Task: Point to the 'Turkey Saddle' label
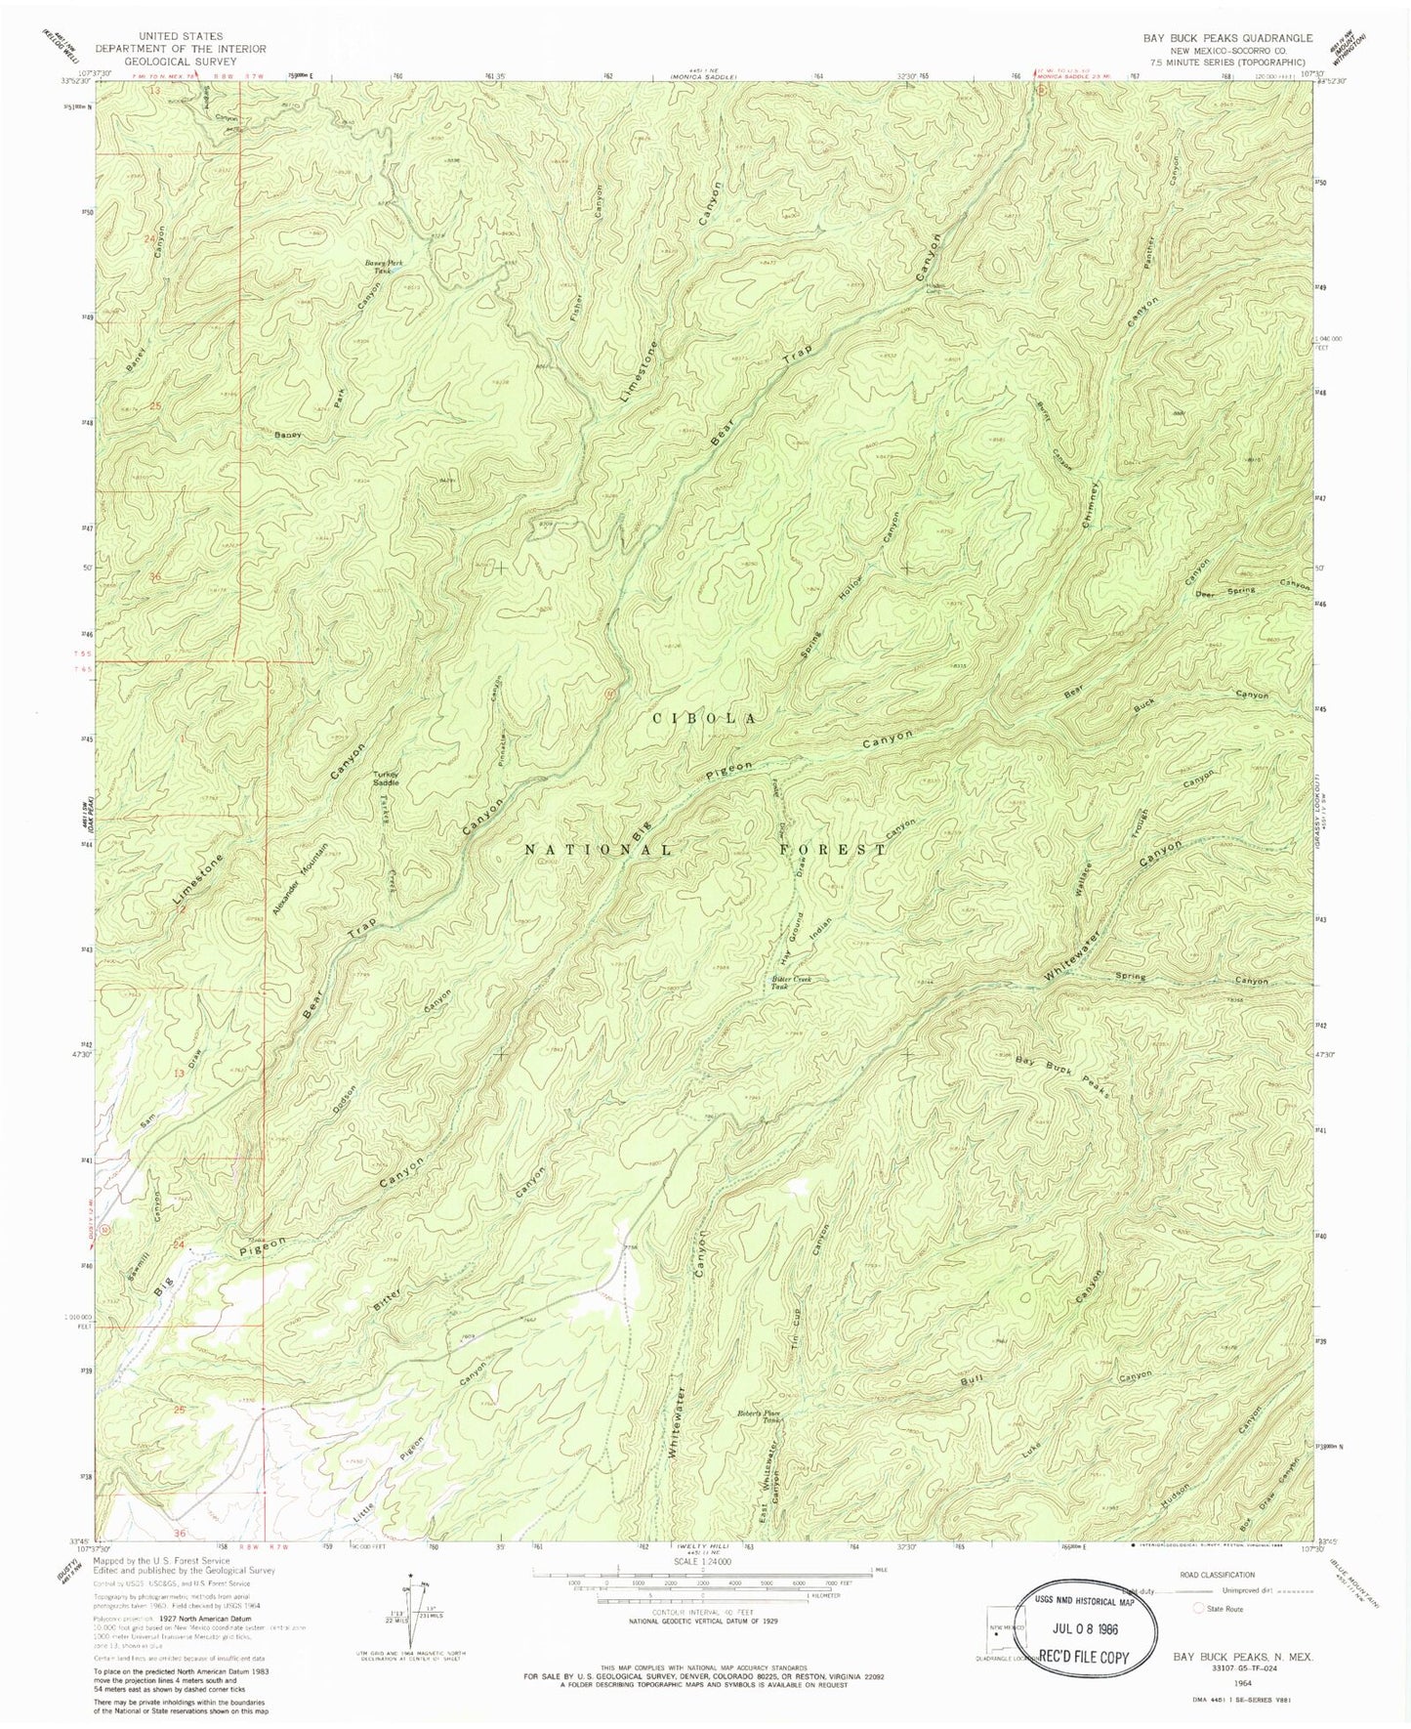click(x=384, y=779)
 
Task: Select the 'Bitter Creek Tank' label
click(x=789, y=982)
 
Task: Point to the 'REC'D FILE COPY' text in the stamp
click(x=1087, y=1657)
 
